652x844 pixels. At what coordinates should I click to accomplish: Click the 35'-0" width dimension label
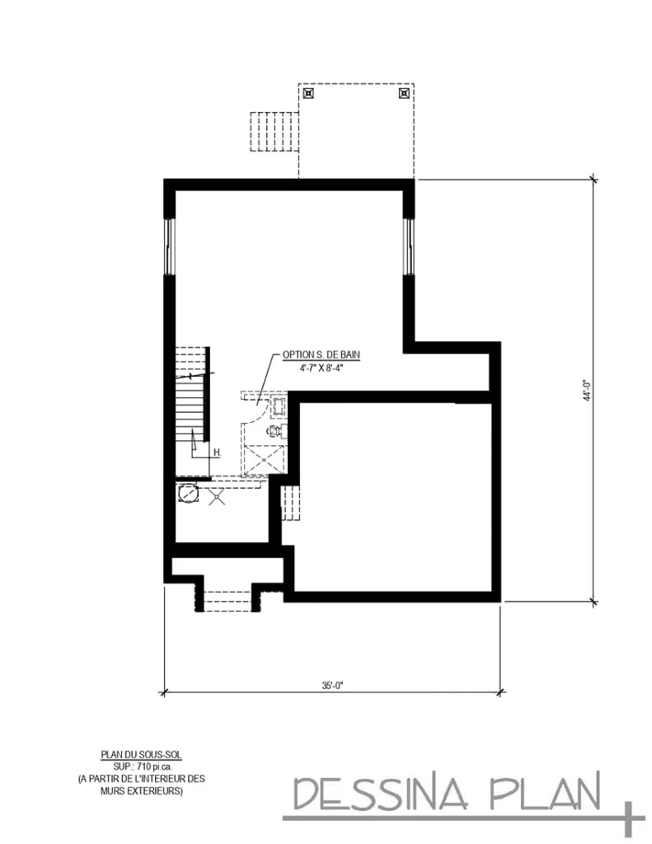(332, 684)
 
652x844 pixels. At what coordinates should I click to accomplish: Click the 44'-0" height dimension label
(586, 390)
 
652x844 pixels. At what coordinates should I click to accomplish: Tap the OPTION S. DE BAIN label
(321, 354)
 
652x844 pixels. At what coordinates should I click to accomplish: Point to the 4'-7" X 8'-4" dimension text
(321, 368)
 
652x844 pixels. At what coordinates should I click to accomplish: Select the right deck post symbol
(403, 94)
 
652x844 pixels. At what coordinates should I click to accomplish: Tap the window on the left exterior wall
(170, 246)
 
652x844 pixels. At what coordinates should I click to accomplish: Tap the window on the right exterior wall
(408, 246)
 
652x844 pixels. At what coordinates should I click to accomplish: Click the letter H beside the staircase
(217, 452)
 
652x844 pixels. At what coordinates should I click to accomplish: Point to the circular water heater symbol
(189, 495)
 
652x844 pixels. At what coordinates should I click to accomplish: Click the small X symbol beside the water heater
(218, 497)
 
